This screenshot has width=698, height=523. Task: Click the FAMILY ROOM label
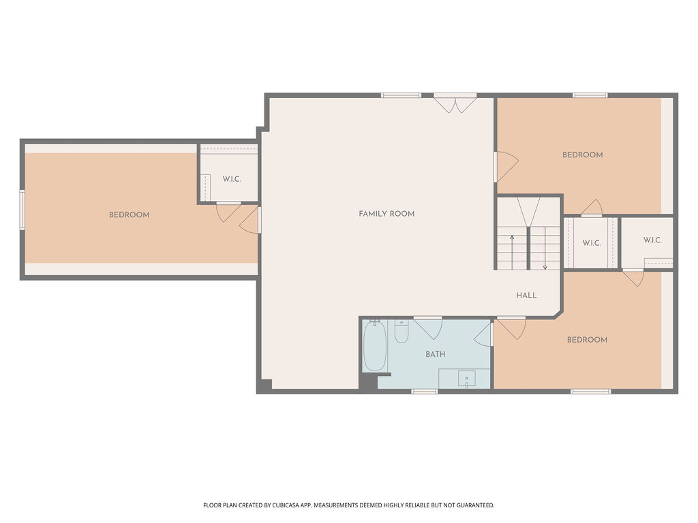[x=386, y=214]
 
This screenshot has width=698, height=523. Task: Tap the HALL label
[x=527, y=296]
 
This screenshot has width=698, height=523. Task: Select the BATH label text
[x=436, y=354]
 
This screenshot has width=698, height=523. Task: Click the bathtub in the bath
[x=375, y=345]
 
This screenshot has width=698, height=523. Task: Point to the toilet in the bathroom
[x=401, y=332]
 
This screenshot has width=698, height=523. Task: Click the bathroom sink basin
[x=466, y=379]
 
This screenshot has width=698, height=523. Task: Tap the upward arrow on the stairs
[x=512, y=252]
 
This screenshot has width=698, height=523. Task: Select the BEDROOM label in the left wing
[x=129, y=215]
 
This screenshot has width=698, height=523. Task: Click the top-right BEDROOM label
[x=582, y=155]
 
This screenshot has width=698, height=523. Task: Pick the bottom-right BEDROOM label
[x=587, y=340]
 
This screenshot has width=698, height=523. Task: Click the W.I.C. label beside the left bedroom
[x=232, y=179]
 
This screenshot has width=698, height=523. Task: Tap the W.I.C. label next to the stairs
[x=592, y=243]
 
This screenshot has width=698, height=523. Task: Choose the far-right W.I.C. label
[x=652, y=240]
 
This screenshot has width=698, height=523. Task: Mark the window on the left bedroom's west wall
[x=22, y=210]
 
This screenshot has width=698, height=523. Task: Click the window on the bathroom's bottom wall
[x=425, y=392]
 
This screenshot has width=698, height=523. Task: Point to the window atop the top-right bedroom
[x=590, y=95]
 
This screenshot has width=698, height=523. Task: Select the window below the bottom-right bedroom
[x=591, y=392]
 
